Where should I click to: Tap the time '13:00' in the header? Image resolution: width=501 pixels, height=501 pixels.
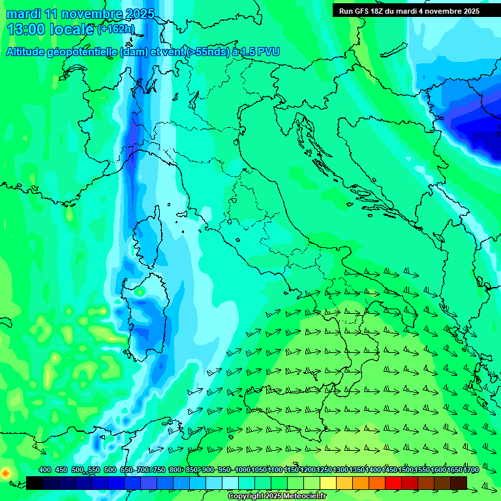[x=25, y=29]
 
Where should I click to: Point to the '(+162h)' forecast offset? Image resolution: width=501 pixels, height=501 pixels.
[x=115, y=29]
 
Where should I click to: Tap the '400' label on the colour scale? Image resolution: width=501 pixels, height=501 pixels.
[x=45, y=470]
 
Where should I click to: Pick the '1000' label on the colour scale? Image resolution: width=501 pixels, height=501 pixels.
[x=242, y=470]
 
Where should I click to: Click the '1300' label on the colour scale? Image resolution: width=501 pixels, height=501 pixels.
[x=340, y=470]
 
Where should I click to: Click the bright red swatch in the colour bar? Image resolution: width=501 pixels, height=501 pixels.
[x=393, y=482]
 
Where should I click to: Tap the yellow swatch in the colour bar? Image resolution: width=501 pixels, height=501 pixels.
[x=328, y=482]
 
